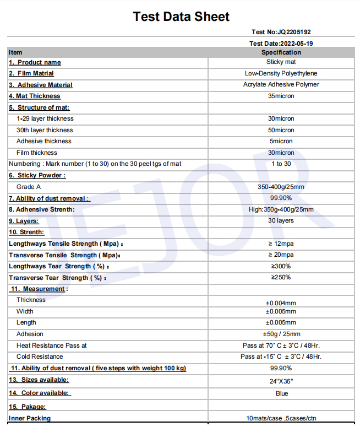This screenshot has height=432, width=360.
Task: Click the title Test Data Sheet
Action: tap(181, 17)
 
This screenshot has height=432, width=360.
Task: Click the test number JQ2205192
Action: tap(285, 32)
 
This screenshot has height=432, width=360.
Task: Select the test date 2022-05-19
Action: tap(281, 43)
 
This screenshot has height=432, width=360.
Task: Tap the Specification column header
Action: tap(281, 52)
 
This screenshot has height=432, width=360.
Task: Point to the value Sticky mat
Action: tap(281, 62)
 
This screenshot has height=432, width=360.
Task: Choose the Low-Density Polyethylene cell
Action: tap(281, 73)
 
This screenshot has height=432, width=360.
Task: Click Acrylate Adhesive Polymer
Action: tap(281, 85)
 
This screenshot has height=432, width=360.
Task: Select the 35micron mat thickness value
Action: tap(281, 96)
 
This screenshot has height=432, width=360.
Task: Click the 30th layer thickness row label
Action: tap(45, 130)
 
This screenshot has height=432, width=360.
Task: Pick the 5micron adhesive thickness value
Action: tap(281, 141)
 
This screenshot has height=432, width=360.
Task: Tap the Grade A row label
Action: tap(29, 187)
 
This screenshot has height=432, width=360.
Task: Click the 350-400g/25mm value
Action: tap(281, 187)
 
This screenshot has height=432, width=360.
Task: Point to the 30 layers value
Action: tap(281, 220)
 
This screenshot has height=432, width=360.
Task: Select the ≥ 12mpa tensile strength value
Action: tap(281, 244)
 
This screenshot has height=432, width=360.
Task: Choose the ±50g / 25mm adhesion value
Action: tap(281, 334)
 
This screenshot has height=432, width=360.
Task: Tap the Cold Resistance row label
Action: tap(40, 357)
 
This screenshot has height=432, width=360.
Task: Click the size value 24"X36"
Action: tap(281, 381)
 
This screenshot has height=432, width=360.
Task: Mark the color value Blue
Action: tap(282, 393)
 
